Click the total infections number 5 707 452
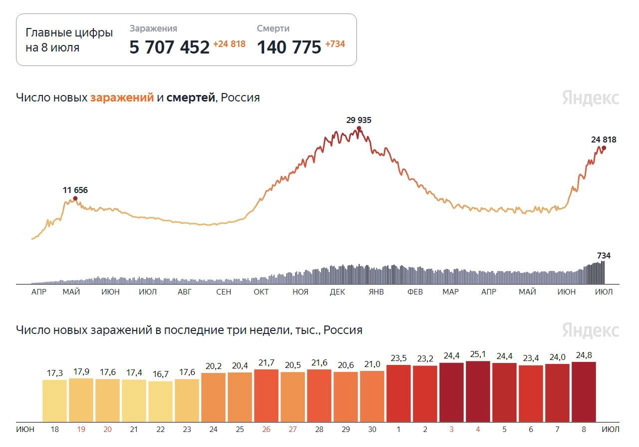(169, 47)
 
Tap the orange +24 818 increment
(229, 44)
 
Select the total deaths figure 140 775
(289, 47)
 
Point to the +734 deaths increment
(335, 44)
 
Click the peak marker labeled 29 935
(359, 128)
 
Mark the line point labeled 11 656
(75, 198)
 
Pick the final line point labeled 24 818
(604, 147)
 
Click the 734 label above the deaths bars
(604, 255)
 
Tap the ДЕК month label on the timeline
(337, 292)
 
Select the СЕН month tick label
(224, 292)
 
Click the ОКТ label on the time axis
(261, 292)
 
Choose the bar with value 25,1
(478, 391)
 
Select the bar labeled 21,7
(266, 395)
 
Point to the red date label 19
(81, 429)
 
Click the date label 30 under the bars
(372, 429)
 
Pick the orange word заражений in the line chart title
(122, 97)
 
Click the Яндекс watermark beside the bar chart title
(591, 330)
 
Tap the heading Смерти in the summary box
(273, 29)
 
